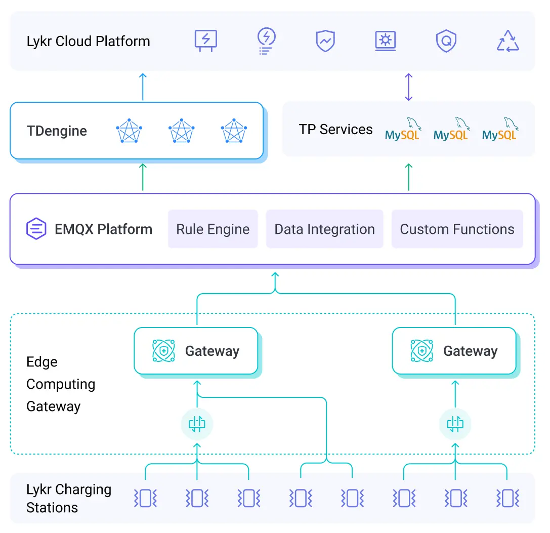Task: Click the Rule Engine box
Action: (x=213, y=229)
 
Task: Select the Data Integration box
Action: (x=324, y=229)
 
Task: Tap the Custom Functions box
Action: (x=457, y=229)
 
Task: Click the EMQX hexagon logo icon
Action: (x=36, y=229)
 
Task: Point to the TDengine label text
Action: (x=57, y=131)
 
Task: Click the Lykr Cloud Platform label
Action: (x=88, y=41)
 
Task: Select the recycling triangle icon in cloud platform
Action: (x=508, y=41)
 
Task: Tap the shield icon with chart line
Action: (x=325, y=41)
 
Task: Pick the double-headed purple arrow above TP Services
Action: (x=409, y=87)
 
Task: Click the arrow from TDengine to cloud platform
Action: (x=143, y=87)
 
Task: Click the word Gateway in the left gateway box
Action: (x=212, y=351)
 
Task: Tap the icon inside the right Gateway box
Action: (x=421, y=351)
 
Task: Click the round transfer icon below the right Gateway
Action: (x=455, y=423)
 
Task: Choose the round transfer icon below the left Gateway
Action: (x=197, y=423)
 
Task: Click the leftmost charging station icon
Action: (x=145, y=498)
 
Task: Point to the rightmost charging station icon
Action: (x=507, y=498)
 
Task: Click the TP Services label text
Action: (x=335, y=130)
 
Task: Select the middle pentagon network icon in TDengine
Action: (x=181, y=131)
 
